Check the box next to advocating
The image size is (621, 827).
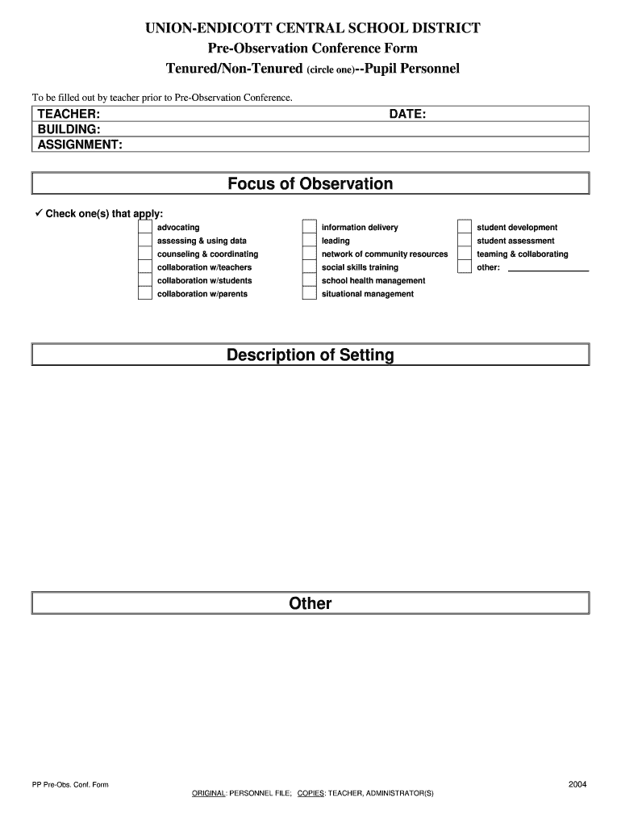144,228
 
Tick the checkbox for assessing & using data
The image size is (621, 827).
144,241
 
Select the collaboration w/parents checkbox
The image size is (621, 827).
144,294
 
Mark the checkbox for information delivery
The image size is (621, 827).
309,228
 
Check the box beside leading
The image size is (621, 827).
309,241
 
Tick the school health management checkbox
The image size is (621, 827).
309,281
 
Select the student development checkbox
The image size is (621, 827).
465,228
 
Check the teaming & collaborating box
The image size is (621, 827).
465,254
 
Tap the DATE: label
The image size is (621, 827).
407,115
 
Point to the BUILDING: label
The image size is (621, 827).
69,129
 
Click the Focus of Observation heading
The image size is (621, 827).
310,184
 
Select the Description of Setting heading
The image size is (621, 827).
310,355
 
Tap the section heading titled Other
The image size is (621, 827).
310,603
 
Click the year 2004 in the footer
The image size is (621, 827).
577,784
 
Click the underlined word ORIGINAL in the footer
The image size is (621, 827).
208,794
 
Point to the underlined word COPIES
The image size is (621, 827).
310,794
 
